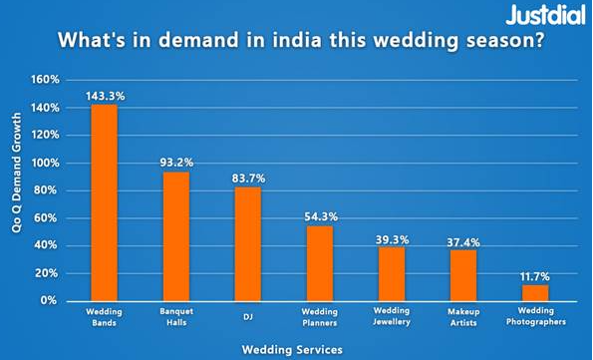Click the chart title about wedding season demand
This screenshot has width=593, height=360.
click(299, 43)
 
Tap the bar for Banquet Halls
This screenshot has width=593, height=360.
click(176, 236)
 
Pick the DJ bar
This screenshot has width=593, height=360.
click(248, 243)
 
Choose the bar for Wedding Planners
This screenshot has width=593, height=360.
click(320, 263)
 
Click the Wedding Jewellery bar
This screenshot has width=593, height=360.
click(392, 273)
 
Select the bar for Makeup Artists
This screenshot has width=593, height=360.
click(463, 275)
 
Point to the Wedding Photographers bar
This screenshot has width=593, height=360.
click(535, 292)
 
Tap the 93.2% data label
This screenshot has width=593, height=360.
click(176, 163)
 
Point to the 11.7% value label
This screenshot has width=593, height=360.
click(535, 275)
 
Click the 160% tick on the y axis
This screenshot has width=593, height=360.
click(47, 80)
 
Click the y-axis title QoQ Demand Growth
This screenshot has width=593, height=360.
click(17, 190)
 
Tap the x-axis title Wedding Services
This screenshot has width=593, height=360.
click(293, 349)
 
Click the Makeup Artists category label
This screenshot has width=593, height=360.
click(463, 317)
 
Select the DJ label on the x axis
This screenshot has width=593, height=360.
click(248, 313)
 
